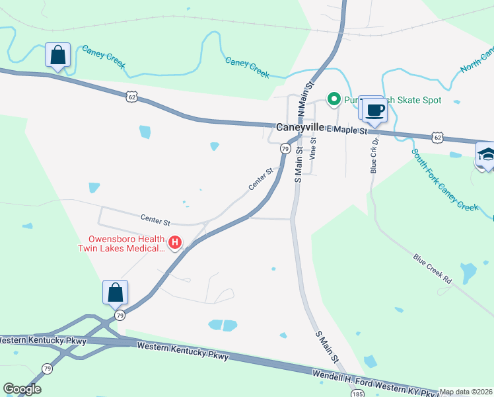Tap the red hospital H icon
point(175,243)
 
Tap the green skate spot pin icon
point(334,100)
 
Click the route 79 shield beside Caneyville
point(285,149)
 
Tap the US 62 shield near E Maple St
point(437,137)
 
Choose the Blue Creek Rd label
point(433,269)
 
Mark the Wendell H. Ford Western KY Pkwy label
point(377,382)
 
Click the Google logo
point(22,389)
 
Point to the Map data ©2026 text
point(466,392)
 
